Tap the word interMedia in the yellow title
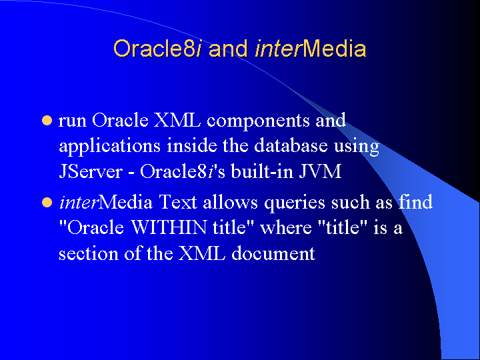[311, 49]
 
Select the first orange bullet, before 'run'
[47, 121]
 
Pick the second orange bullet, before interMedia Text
[47, 203]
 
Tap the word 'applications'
[109, 146]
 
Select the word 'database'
[291, 145]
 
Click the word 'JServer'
[91, 171]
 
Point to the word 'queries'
[295, 203]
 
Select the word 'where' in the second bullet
[286, 228]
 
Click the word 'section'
[89, 254]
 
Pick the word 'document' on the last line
[273, 253]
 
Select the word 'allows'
[231, 202]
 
